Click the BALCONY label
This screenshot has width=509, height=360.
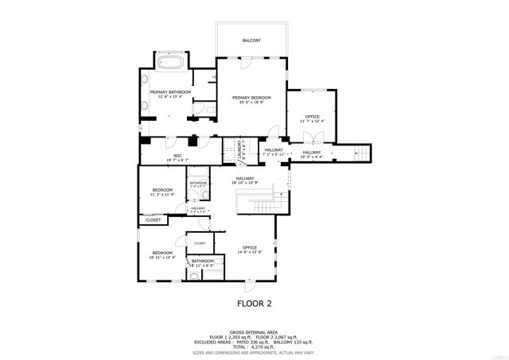[251, 41]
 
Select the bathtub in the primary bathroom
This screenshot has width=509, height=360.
[171, 62]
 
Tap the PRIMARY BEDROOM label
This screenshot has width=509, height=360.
[251, 97]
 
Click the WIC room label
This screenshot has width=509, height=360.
[178, 156]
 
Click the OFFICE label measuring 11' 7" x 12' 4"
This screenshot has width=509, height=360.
[313, 117]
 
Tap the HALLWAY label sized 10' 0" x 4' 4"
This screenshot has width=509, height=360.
[311, 153]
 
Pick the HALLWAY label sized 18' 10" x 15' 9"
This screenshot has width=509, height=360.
[244, 179]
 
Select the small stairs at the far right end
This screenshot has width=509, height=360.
[363, 152]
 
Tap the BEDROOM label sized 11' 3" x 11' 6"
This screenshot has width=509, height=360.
[162, 191]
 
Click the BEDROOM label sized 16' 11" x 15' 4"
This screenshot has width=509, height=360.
[162, 254]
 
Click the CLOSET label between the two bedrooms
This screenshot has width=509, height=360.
[153, 220]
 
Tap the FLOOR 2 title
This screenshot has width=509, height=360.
[254, 303]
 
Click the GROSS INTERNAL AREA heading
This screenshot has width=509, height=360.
[254, 332]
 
